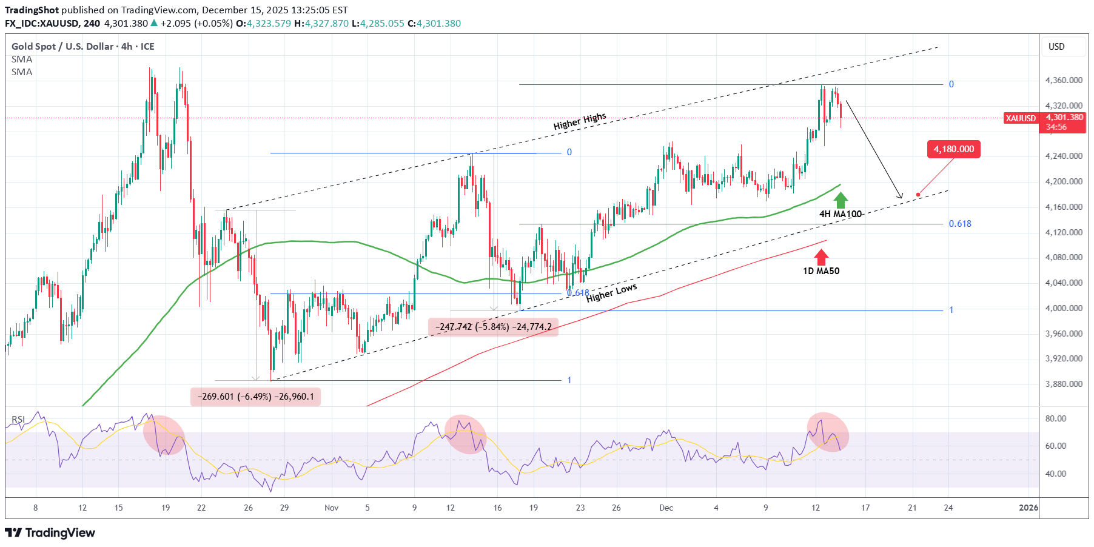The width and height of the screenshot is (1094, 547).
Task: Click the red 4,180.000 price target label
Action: click(x=953, y=149)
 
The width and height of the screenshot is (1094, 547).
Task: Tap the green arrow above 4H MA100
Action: click(x=841, y=200)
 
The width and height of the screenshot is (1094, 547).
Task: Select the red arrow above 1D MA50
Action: click(x=821, y=257)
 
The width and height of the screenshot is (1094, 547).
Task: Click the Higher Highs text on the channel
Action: click(x=579, y=121)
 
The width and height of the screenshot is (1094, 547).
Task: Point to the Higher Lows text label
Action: click(x=611, y=293)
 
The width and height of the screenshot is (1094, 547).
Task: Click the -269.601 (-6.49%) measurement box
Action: click(x=255, y=397)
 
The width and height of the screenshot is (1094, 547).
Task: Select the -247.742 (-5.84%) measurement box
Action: click(x=493, y=327)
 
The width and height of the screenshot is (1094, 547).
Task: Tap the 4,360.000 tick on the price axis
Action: click(x=1064, y=80)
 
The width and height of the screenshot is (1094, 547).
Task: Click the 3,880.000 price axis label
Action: click(x=1064, y=384)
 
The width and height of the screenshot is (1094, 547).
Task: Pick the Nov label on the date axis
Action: click(x=331, y=508)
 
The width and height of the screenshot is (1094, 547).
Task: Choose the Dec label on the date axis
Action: click(x=666, y=508)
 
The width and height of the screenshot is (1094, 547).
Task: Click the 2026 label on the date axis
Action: click(x=1029, y=508)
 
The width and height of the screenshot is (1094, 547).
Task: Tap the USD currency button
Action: click(x=1056, y=47)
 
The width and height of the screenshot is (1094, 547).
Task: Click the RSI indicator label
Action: click(x=18, y=419)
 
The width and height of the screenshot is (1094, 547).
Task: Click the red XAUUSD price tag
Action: click(x=1021, y=118)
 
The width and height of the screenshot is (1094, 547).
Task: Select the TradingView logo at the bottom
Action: click(x=50, y=532)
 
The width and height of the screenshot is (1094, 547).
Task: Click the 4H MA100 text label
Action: click(x=840, y=214)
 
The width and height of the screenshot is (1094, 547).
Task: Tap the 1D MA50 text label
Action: click(x=821, y=271)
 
